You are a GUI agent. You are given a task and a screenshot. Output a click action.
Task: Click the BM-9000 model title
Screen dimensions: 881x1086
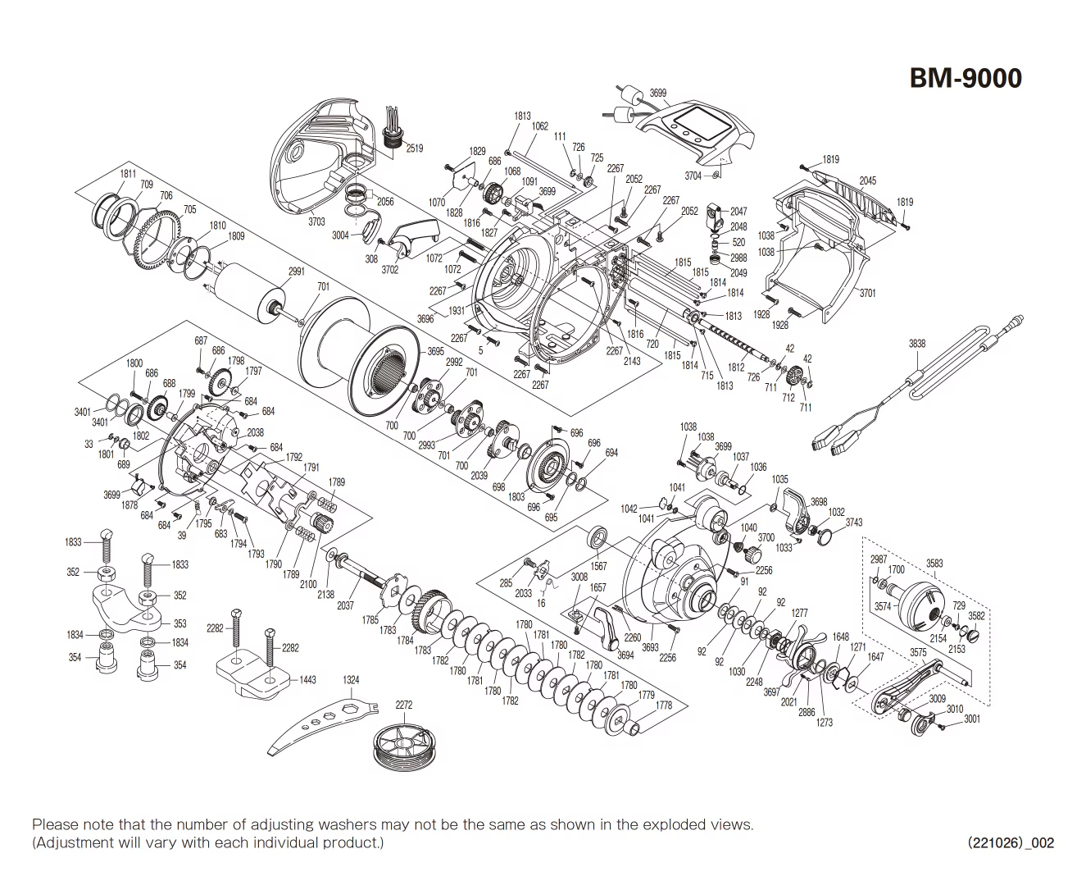click(966, 78)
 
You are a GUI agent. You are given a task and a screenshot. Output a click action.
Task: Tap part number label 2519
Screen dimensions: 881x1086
click(414, 148)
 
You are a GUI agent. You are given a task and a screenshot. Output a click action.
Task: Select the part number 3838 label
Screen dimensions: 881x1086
click(916, 344)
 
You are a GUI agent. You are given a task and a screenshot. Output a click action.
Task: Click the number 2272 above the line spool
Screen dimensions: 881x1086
click(403, 705)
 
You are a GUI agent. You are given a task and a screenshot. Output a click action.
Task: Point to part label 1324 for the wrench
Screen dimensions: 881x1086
click(352, 680)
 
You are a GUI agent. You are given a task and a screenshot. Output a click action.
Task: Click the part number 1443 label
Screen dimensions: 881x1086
click(307, 680)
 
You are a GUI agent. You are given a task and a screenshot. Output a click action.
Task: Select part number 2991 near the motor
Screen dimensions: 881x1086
click(296, 272)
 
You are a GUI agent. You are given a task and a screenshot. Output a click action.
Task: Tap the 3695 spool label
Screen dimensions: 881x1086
click(435, 351)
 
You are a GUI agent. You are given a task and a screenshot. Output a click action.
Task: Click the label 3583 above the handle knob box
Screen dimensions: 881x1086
click(934, 564)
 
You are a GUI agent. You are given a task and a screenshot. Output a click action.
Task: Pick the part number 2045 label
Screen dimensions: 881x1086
click(867, 181)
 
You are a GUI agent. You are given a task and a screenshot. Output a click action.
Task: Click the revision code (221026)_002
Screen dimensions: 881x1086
click(1011, 842)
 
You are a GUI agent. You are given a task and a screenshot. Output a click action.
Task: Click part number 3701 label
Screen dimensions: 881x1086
click(867, 293)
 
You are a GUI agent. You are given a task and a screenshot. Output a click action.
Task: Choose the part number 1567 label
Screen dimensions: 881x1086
click(598, 567)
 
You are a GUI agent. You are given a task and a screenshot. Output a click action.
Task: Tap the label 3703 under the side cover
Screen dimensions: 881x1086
click(316, 221)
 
